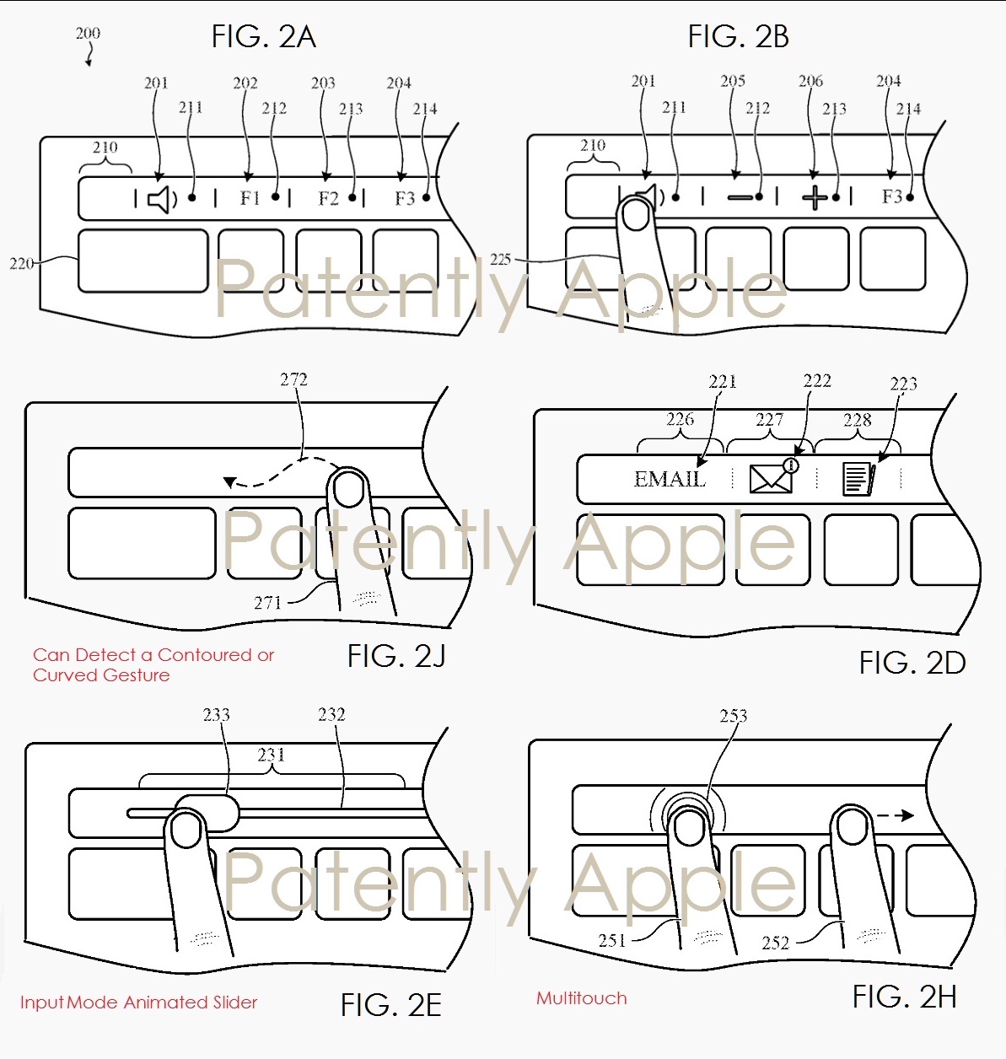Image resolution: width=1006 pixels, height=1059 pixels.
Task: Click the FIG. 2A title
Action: [263, 37]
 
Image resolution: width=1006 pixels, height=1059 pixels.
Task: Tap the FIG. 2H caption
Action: [904, 997]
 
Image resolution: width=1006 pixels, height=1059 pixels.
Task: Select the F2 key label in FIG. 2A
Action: [328, 199]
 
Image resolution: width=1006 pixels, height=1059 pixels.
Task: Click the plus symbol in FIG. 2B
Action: [815, 198]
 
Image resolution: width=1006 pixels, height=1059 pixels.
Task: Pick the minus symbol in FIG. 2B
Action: [740, 198]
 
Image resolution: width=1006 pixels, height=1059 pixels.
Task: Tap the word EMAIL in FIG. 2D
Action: [670, 479]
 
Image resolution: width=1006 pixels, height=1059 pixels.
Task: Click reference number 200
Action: [88, 34]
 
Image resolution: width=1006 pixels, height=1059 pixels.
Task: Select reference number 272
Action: [293, 379]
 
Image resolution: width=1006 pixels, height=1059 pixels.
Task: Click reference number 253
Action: [733, 716]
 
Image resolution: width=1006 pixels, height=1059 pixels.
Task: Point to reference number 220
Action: [21, 264]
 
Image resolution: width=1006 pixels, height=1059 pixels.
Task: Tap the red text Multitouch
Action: [581, 998]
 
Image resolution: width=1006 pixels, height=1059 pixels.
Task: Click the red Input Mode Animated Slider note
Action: [138, 1003]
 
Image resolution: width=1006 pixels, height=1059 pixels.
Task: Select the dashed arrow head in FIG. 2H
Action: [906, 815]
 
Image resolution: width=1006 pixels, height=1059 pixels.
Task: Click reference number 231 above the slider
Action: [271, 755]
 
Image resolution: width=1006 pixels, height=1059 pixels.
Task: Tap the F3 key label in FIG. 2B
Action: [892, 197]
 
